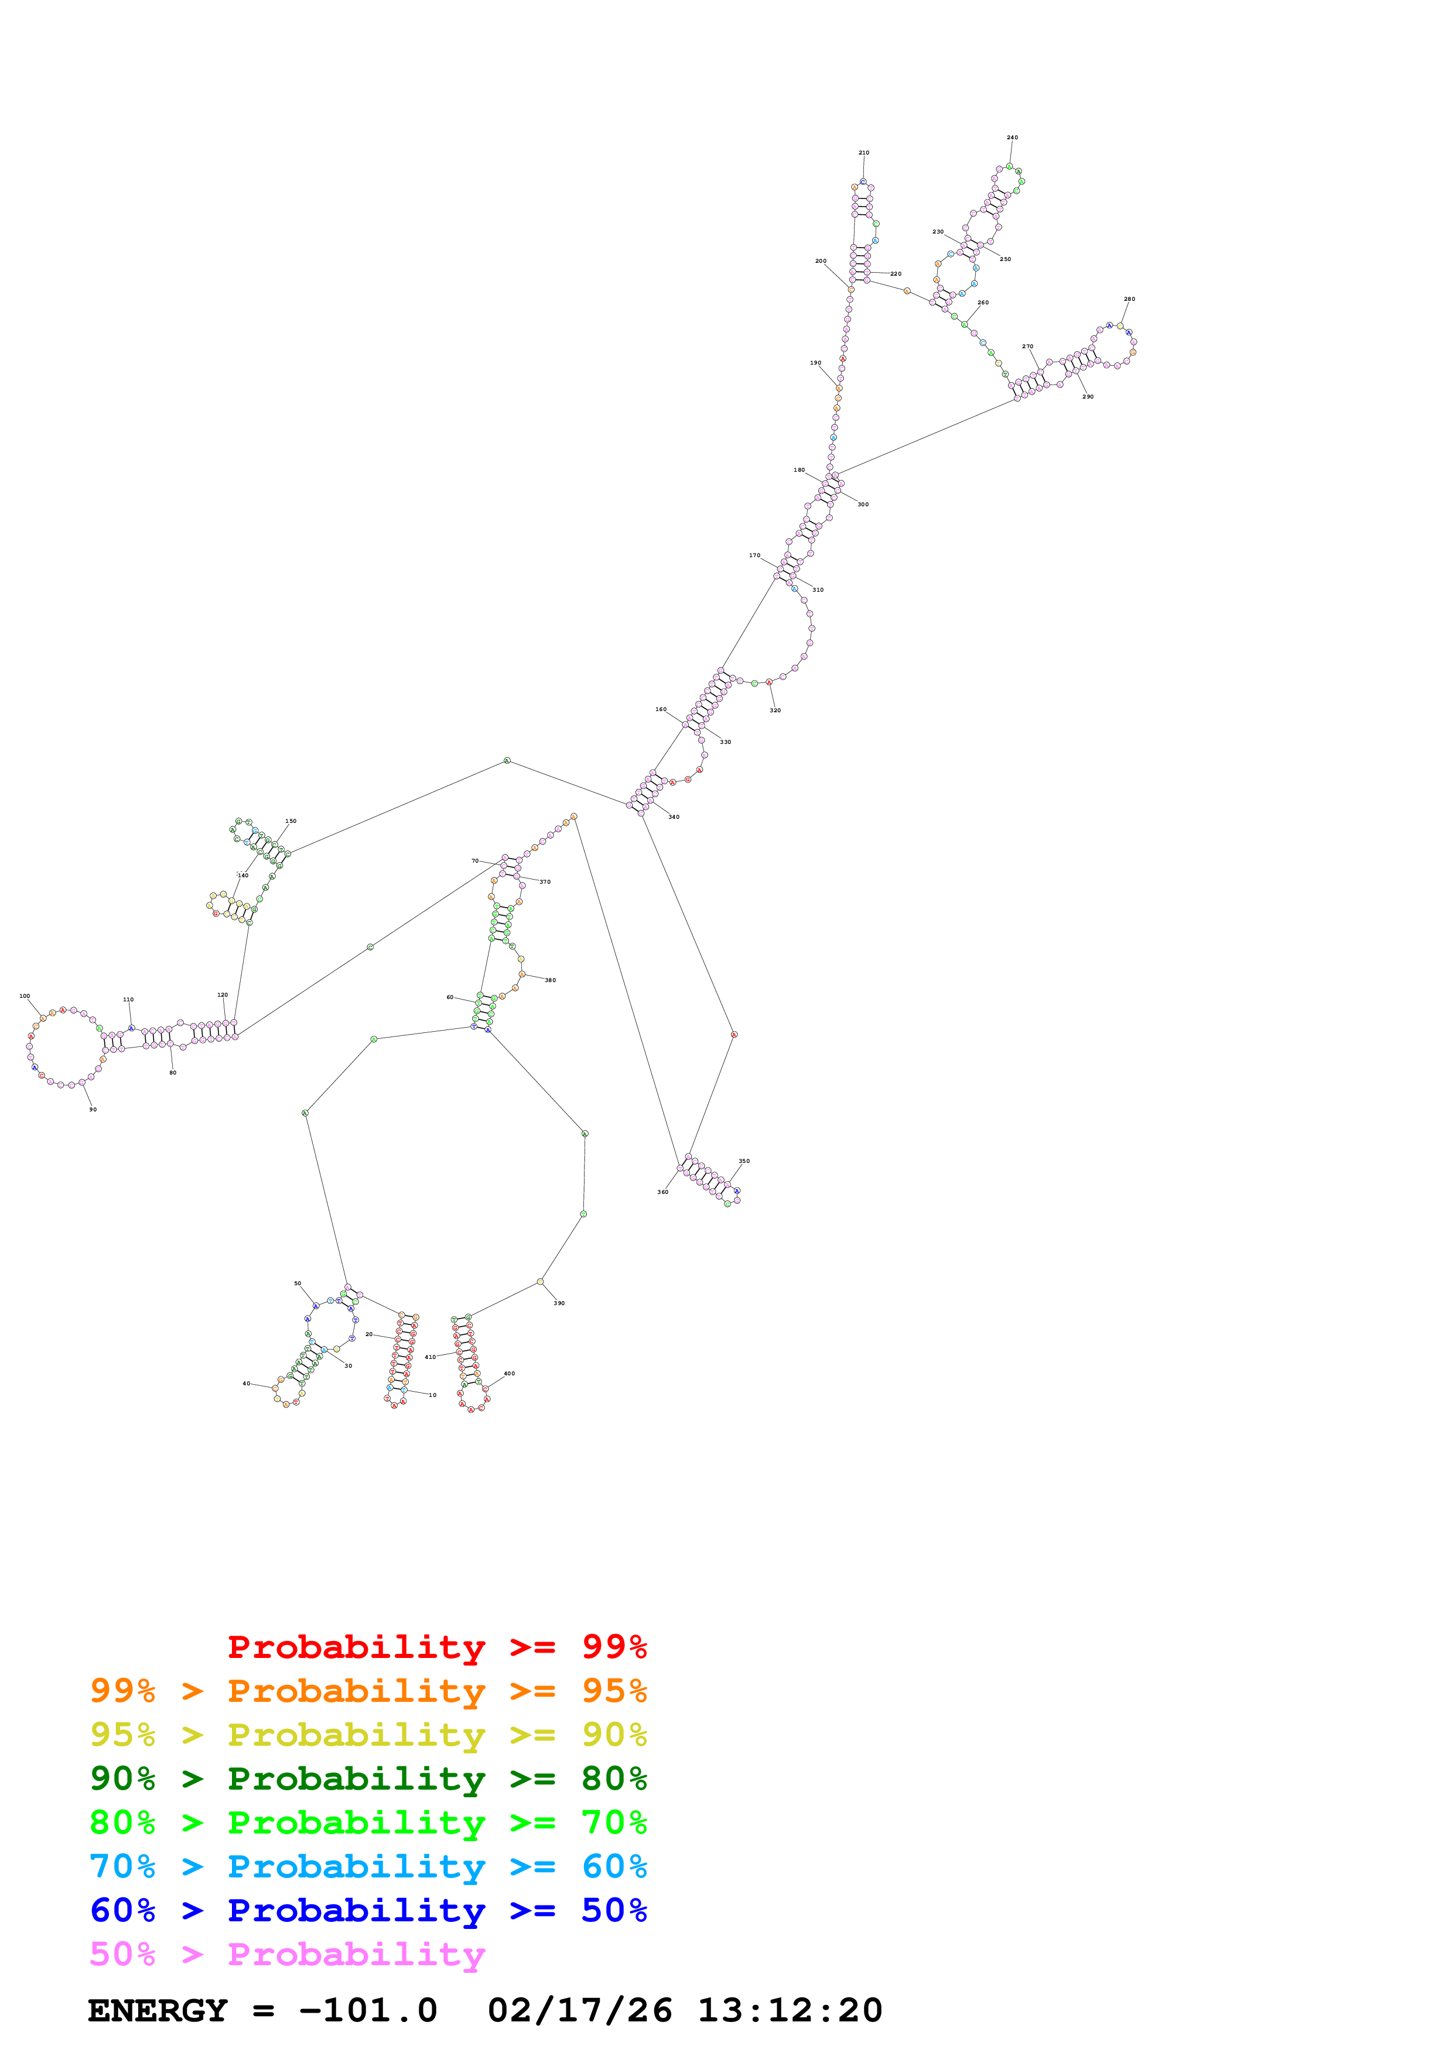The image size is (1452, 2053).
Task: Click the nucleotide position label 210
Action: (x=863, y=153)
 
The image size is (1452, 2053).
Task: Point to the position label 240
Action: (x=1012, y=138)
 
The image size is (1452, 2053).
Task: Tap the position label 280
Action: (x=1129, y=300)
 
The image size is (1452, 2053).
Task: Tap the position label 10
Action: (x=432, y=1395)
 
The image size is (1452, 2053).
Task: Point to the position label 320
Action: (x=775, y=711)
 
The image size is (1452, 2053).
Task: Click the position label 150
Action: (x=291, y=821)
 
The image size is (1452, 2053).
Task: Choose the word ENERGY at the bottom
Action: (x=158, y=2010)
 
